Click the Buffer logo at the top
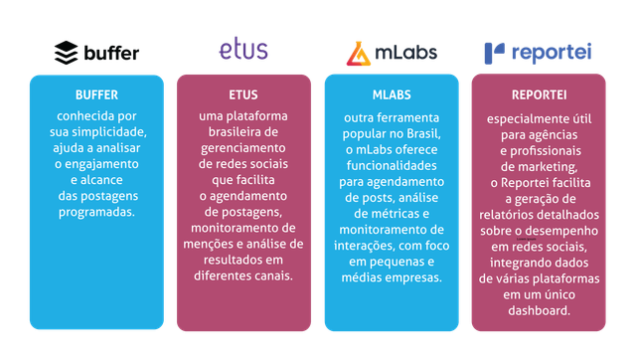click(96, 52)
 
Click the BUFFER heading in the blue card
click(96, 95)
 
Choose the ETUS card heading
click(242, 95)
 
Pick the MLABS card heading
click(390, 95)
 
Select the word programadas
click(96, 212)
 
